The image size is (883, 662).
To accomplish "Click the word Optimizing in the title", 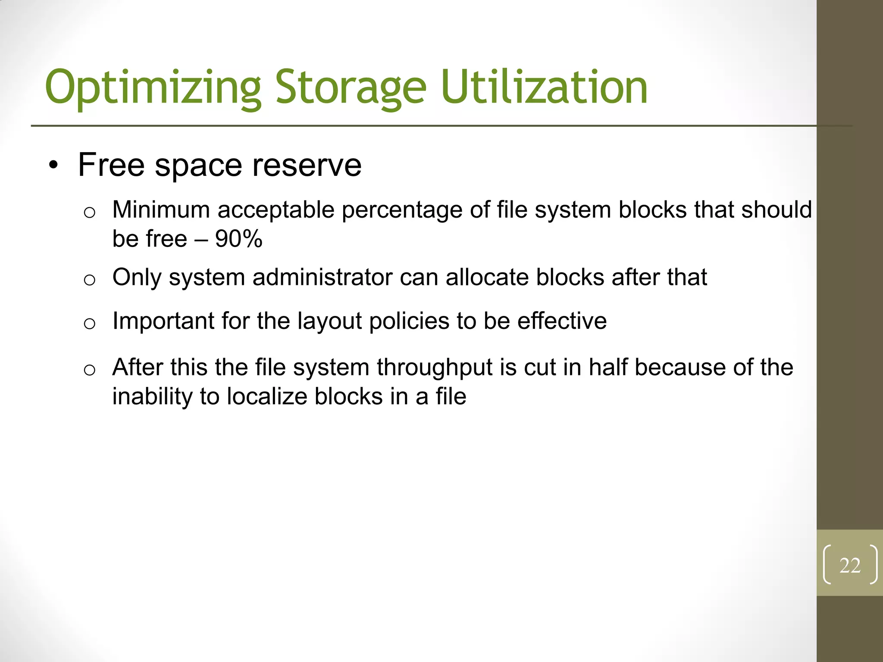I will pyautogui.click(x=153, y=88).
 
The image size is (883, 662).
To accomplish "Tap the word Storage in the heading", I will pyautogui.click(x=351, y=88).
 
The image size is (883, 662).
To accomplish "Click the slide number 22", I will pyautogui.click(x=850, y=565).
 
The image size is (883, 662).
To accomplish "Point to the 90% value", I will pyautogui.click(x=238, y=239).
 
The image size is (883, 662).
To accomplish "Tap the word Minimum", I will pyautogui.click(x=161, y=210).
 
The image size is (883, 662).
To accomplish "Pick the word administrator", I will pyautogui.click(x=323, y=277).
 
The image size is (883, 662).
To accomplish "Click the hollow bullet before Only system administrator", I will pyautogui.click(x=89, y=280).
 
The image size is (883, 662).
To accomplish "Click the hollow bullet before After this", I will pyautogui.click(x=89, y=370).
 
